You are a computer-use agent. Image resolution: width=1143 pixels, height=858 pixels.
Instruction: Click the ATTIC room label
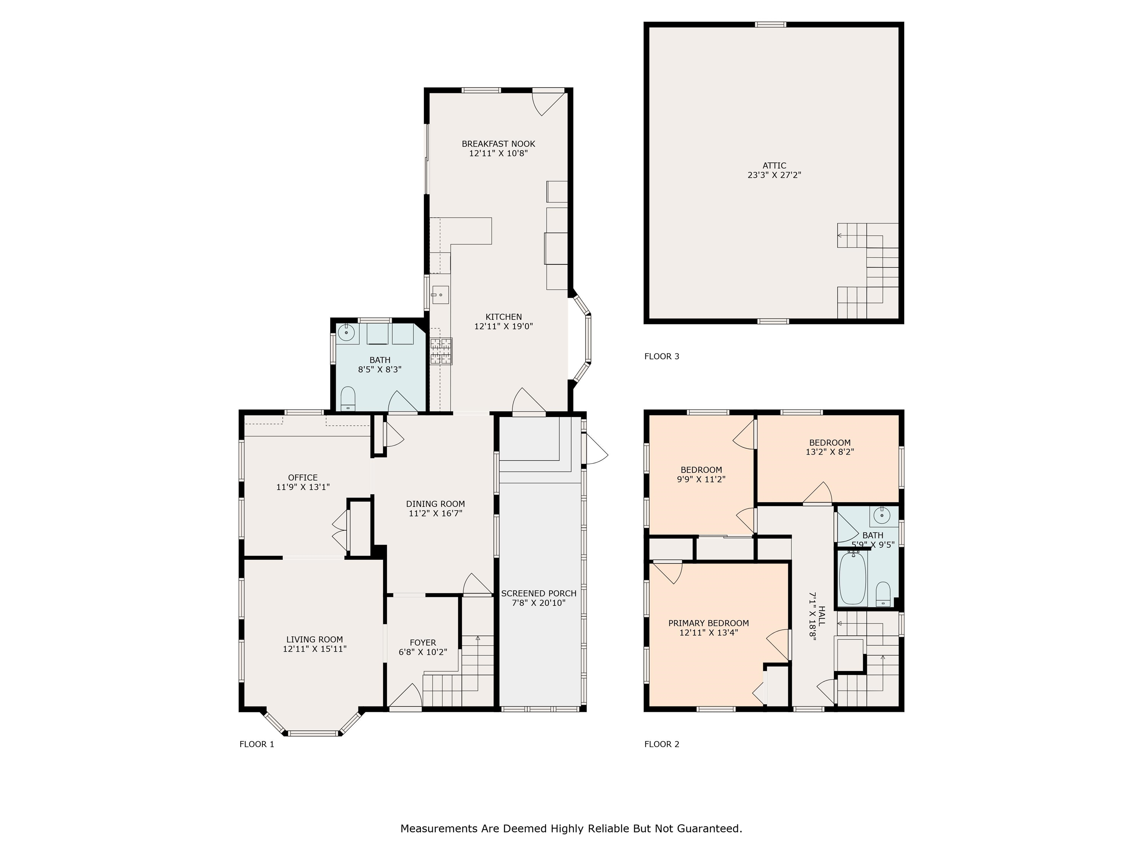[774, 165]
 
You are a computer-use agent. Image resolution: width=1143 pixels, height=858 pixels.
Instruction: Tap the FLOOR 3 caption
[662, 356]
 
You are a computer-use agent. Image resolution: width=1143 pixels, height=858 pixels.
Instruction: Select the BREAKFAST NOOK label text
[498, 144]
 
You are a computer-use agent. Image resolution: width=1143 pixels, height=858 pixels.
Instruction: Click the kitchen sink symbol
[440, 295]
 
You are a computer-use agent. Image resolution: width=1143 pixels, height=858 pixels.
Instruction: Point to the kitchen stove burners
[441, 351]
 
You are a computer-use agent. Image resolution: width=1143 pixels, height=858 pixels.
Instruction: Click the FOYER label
[423, 643]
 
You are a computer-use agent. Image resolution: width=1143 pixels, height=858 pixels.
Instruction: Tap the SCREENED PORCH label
[538, 593]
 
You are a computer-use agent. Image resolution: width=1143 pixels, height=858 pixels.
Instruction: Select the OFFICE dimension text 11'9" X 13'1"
[303, 487]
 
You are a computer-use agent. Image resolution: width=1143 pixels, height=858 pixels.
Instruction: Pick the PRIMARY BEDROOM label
[708, 623]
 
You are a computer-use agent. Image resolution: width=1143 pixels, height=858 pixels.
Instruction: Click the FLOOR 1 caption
[257, 744]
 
